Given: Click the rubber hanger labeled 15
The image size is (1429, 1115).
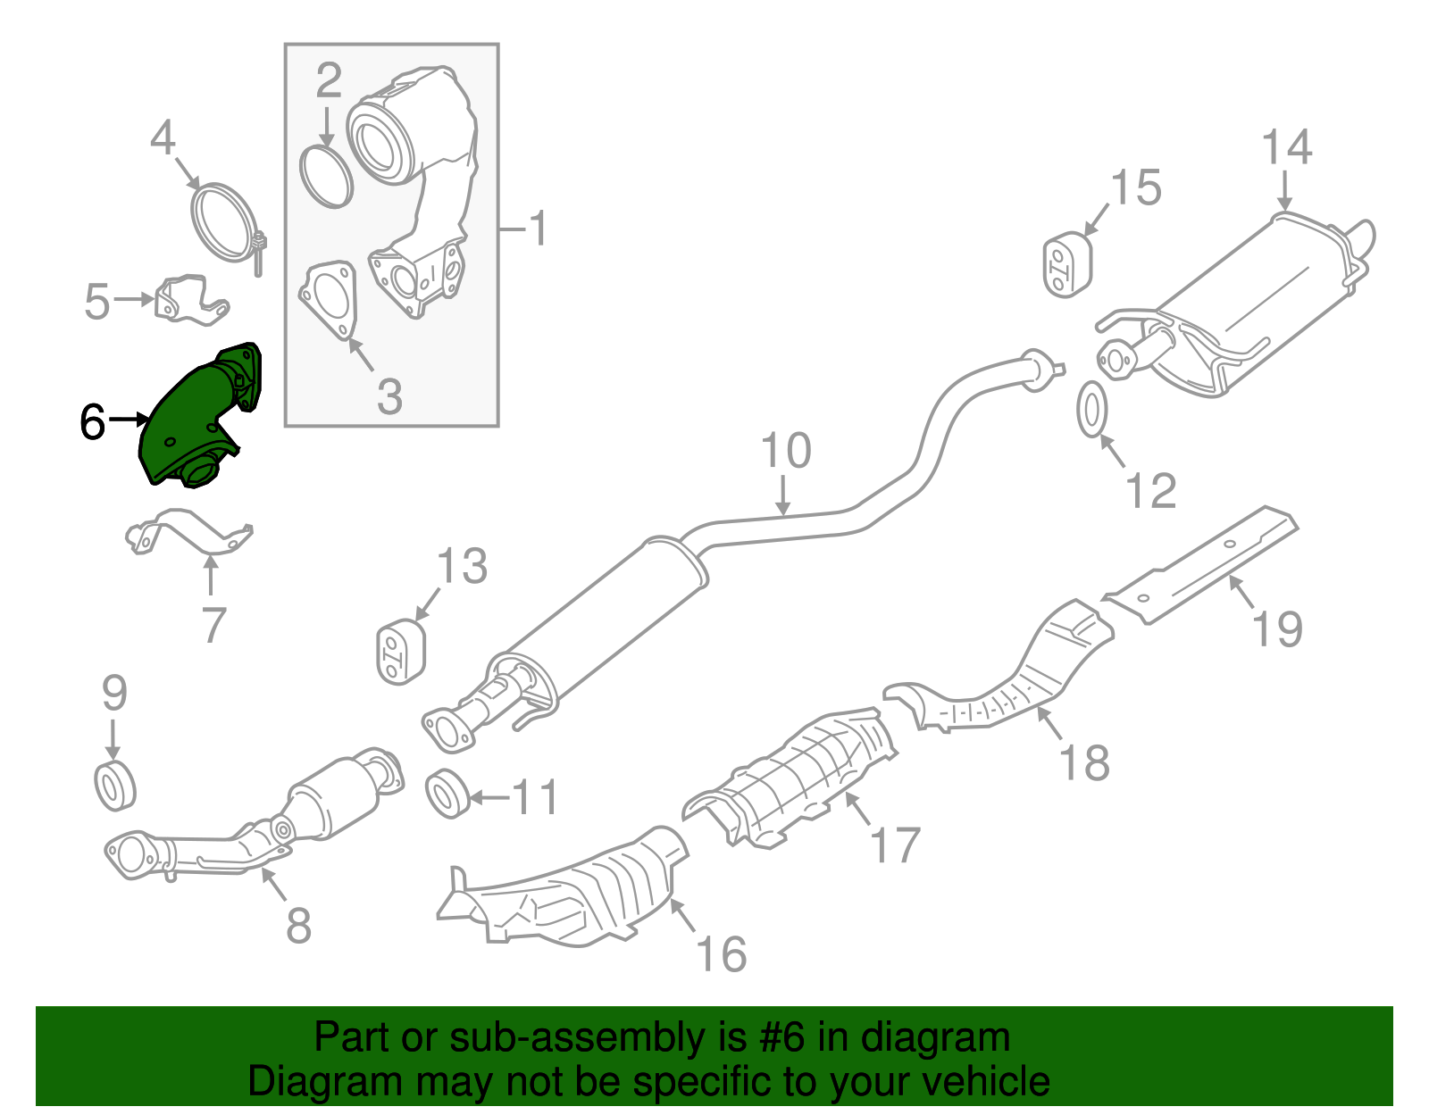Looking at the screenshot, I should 1067,264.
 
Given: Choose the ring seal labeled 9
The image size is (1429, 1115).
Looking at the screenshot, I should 115,786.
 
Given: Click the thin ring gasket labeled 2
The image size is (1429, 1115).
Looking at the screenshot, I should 326,176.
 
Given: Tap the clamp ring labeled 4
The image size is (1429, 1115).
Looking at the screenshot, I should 222,221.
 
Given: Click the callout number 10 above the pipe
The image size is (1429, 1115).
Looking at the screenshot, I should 786,452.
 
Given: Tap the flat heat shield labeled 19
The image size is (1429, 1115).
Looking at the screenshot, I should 1201,567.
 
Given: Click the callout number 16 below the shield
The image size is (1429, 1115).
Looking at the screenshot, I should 721,954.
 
